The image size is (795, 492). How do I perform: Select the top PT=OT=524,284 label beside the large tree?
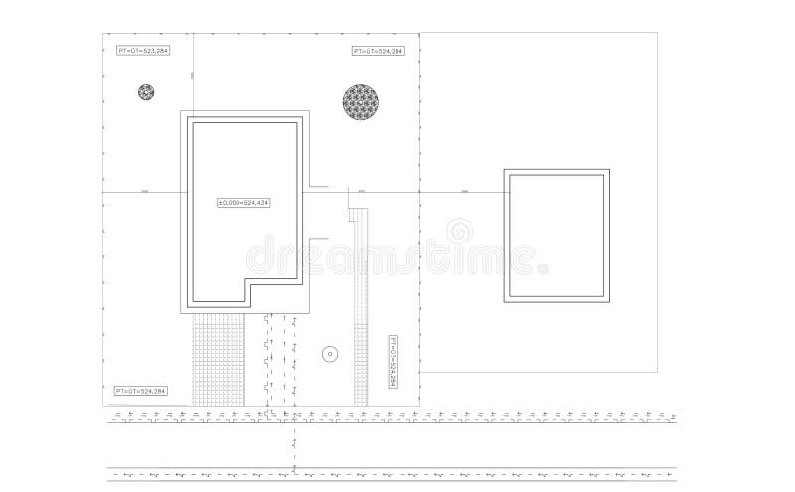click(379, 51)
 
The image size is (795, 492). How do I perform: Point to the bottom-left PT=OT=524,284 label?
click(140, 390)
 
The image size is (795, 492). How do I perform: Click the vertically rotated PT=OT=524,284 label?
click(393, 362)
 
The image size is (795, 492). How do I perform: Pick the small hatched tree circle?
click(146, 92)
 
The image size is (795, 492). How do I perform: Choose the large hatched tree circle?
click(361, 101)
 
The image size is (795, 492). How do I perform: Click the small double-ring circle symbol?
click(330, 353)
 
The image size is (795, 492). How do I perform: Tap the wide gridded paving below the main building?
click(218, 359)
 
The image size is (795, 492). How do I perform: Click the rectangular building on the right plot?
click(556, 235)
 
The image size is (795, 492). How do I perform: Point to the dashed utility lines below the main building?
click(281, 358)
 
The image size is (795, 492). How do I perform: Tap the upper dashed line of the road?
click(397, 413)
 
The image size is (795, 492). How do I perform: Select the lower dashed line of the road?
click(397, 475)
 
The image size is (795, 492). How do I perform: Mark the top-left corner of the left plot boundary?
click(102, 33)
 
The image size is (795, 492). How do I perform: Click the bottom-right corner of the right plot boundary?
click(657, 372)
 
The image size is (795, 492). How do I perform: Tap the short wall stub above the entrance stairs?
click(319, 185)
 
